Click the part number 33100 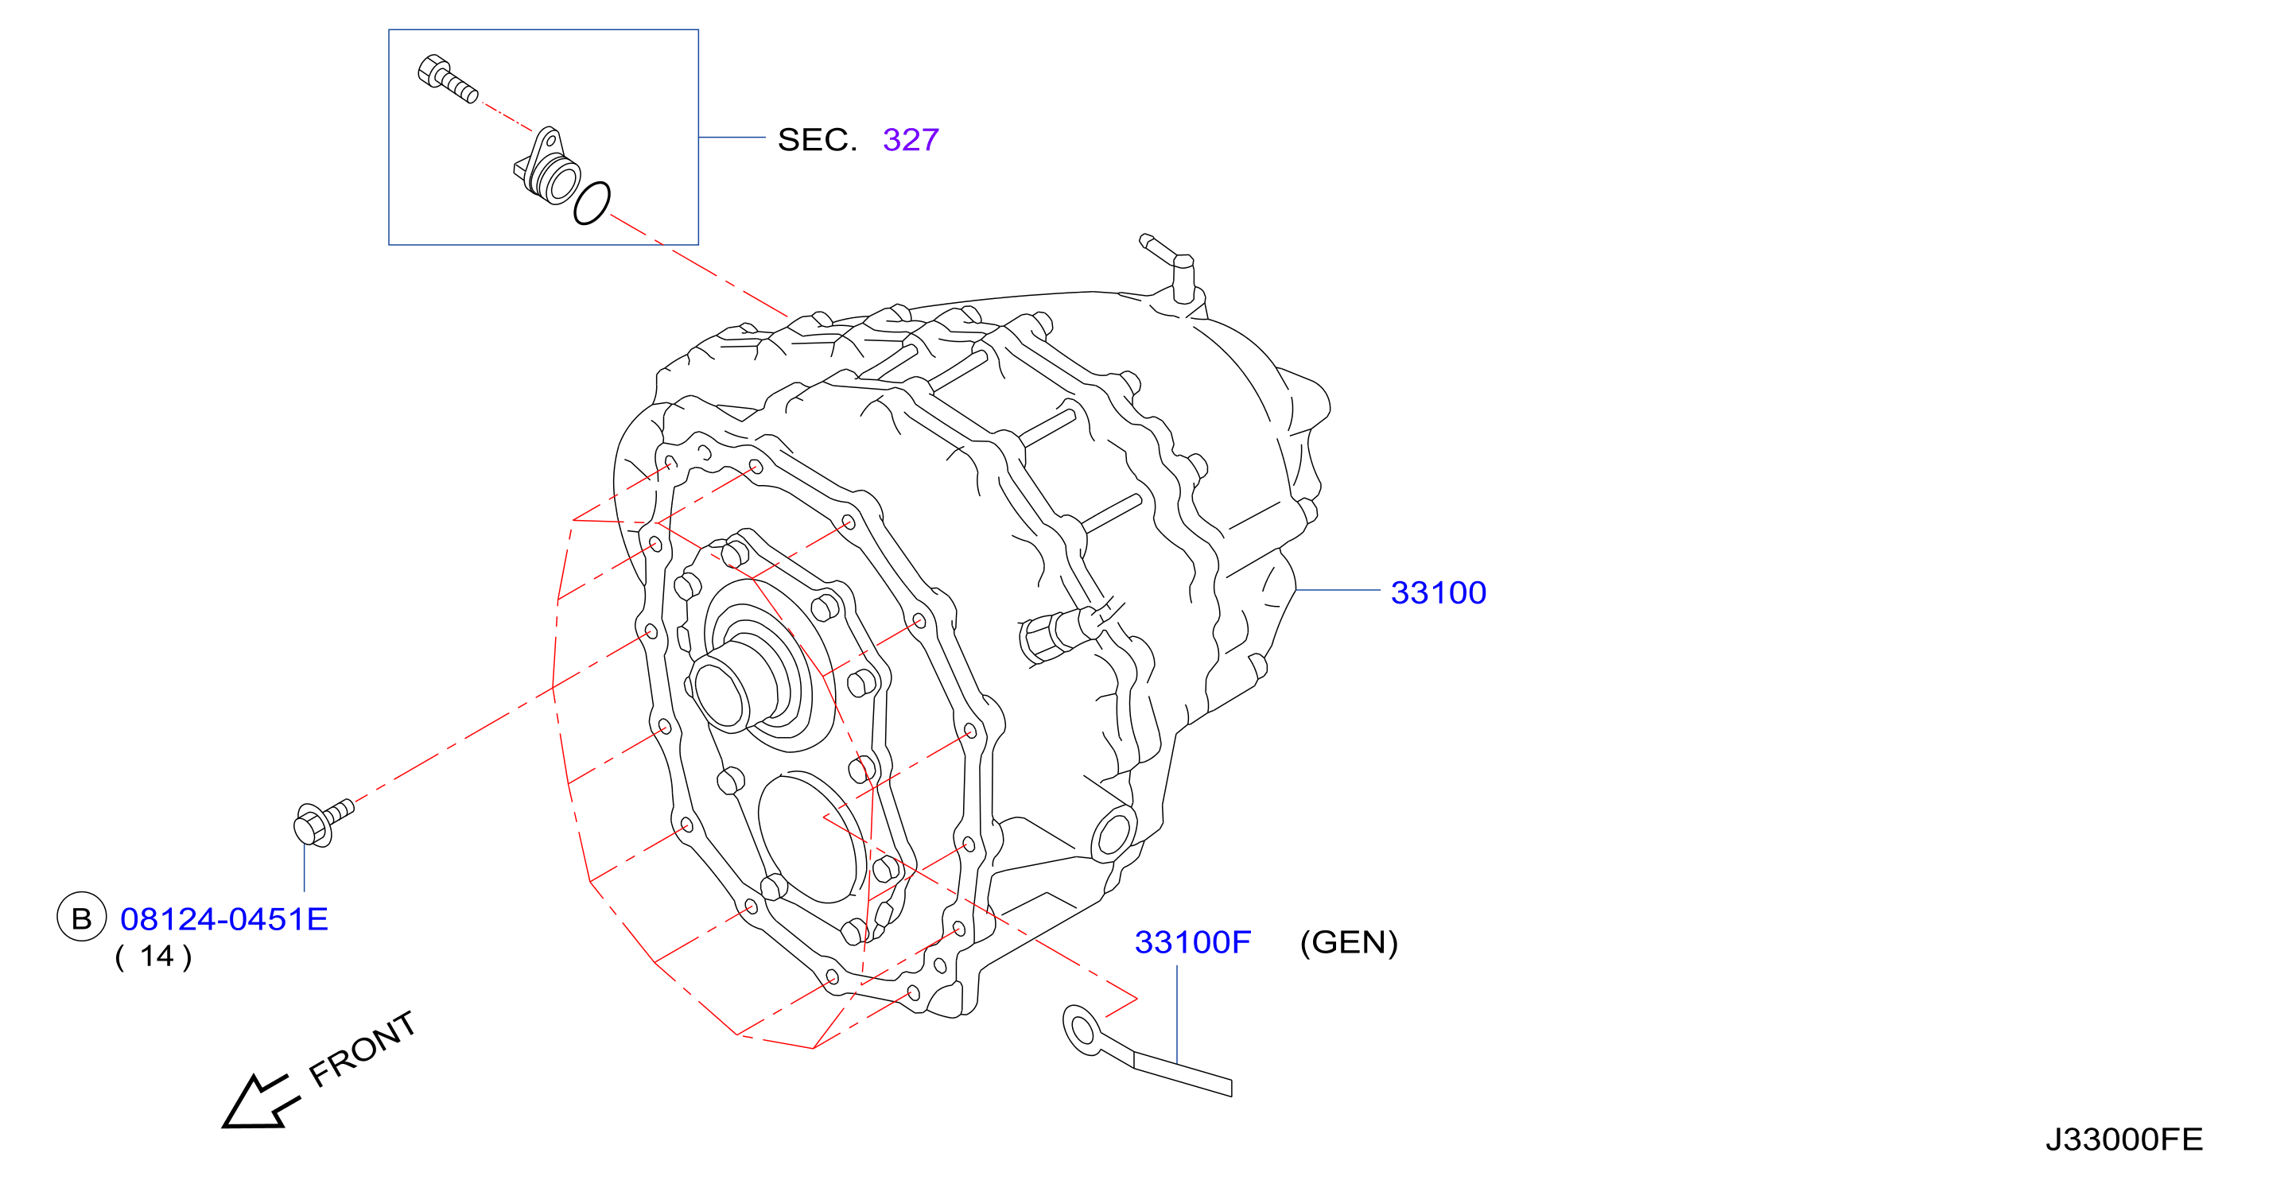[x=1438, y=592]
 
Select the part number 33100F [x=1192, y=942]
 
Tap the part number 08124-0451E [x=224, y=919]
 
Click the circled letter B [x=82, y=918]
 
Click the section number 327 [x=911, y=140]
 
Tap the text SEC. [x=817, y=140]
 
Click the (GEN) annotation [x=1349, y=942]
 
